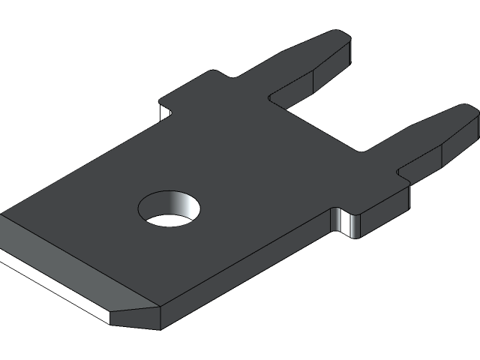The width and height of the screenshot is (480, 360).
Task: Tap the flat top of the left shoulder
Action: pyautogui.click(x=187, y=94)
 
